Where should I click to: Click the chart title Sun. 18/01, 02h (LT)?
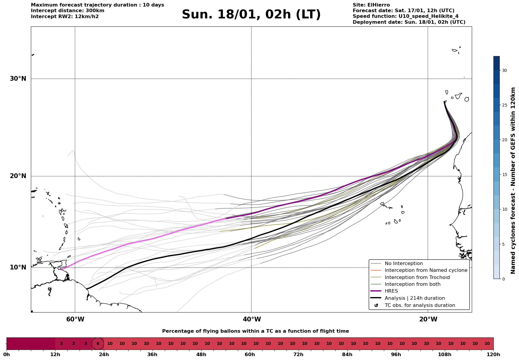pos(251,15)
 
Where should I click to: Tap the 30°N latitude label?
pos(18,79)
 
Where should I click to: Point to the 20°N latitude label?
pos(18,176)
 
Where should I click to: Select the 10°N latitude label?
pos(18,267)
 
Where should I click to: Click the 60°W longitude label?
pos(75,319)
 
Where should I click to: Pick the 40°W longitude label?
pos(252,319)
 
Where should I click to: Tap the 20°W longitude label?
pos(428,319)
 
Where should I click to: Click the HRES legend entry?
pos(391,291)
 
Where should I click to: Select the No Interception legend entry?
pos(404,264)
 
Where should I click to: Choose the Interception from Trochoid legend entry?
pos(417,277)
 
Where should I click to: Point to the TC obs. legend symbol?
pos(376,305)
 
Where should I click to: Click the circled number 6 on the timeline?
pos(98,344)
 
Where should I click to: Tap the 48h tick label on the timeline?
pos(201,354)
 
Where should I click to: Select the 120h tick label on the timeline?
pos(493,354)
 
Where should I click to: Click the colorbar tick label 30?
pos(504,70)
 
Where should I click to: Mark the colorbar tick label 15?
pos(504,175)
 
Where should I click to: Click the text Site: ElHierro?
pos(371,5)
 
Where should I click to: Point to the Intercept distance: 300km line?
pos(67,11)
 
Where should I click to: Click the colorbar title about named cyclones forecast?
pos(513,180)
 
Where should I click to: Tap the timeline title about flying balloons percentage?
pos(255,331)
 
